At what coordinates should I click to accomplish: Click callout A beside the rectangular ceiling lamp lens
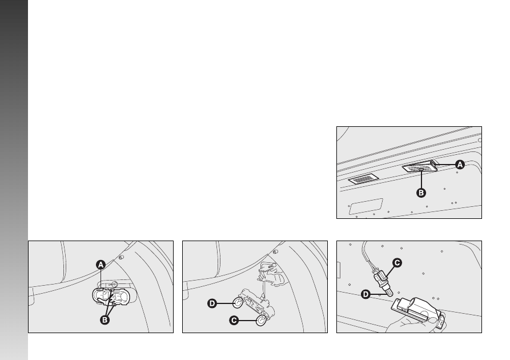pyautogui.click(x=460, y=165)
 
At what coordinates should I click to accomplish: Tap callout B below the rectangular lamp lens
pyautogui.click(x=421, y=193)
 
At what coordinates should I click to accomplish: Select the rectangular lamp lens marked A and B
pyautogui.click(x=420, y=167)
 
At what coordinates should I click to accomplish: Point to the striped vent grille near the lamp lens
pyautogui.click(x=363, y=179)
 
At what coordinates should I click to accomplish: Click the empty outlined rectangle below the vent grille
pyautogui.click(x=366, y=206)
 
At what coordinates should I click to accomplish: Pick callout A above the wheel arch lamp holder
pyautogui.click(x=101, y=265)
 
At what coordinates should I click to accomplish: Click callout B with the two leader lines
pyautogui.click(x=105, y=320)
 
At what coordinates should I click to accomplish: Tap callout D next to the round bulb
pyautogui.click(x=212, y=303)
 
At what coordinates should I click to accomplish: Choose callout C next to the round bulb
pyautogui.click(x=234, y=321)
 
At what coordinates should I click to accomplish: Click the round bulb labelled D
pyautogui.click(x=238, y=303)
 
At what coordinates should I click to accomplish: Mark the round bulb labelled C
pyautogui.click(x=261, y=321)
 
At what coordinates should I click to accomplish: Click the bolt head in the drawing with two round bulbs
pyautogui.click(x=275, y=251)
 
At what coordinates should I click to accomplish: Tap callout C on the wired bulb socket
pyautogui.click(x=397, y=263)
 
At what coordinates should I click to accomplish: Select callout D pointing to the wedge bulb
pyautogui.click(x=366, y=295)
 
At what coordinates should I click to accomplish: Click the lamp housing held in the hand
pyautogui.click(x=417, y=310)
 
